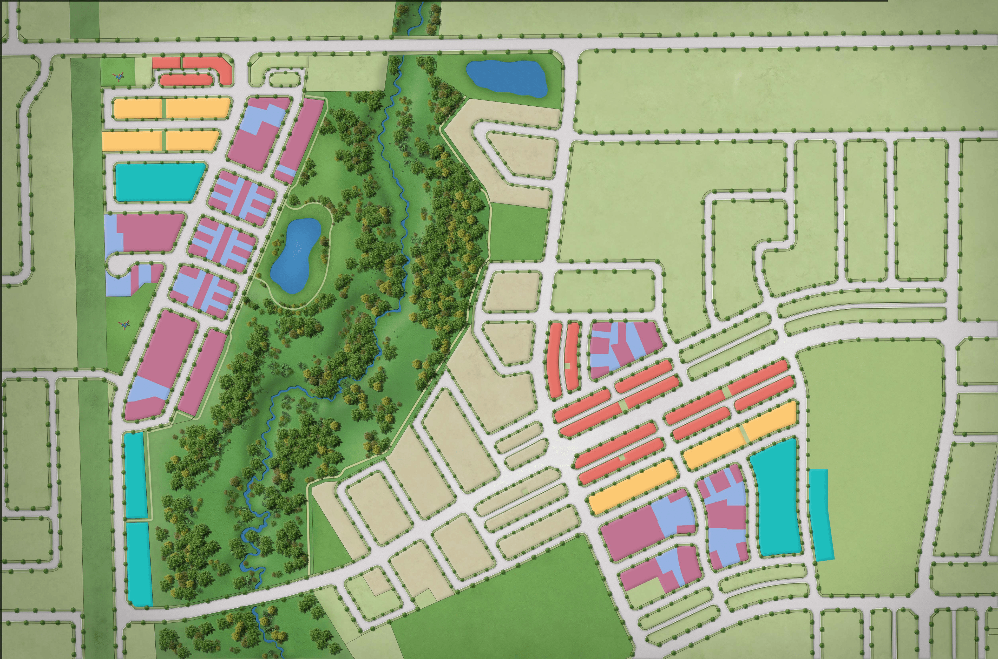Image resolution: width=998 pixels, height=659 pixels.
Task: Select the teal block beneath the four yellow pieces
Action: [158, 182]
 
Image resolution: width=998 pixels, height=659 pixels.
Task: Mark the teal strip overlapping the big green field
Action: [820, 515]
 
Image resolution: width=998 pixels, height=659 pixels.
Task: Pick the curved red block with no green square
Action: [555, 361]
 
